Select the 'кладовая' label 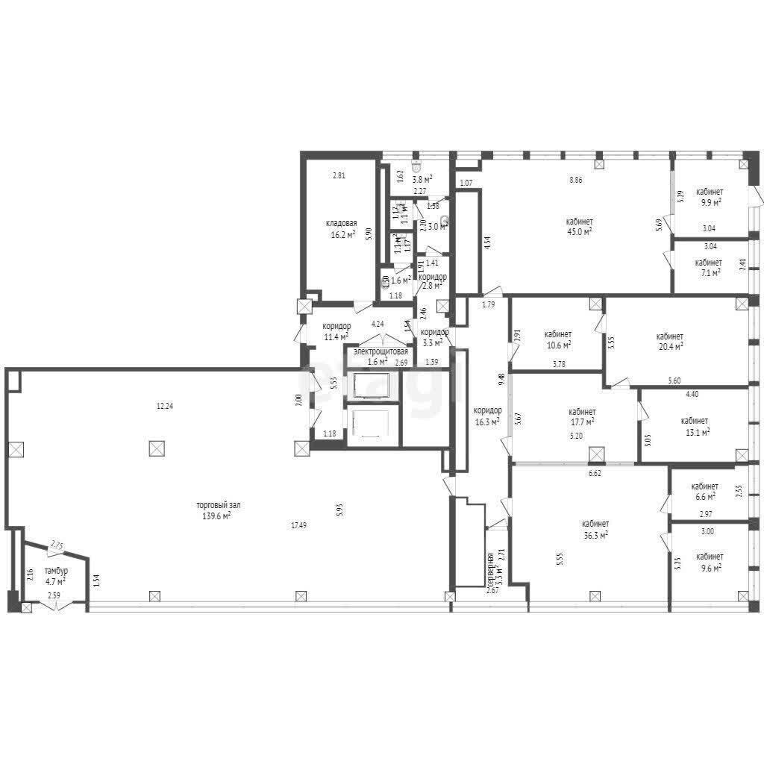click(341, 223)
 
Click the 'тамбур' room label click(56, 571)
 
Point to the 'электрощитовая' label click(381, 351)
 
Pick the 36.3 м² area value click(595, 534)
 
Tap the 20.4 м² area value click(670, 346)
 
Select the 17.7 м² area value click(582, 422)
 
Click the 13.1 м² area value click(695, 431)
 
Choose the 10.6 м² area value click(558, 345)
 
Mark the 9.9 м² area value click(709, 202)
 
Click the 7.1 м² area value click(708, 273)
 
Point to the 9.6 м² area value click(709, 568)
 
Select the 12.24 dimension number click(165, 407)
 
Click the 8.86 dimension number click(576, 180)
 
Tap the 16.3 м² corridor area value click(487, 421)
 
